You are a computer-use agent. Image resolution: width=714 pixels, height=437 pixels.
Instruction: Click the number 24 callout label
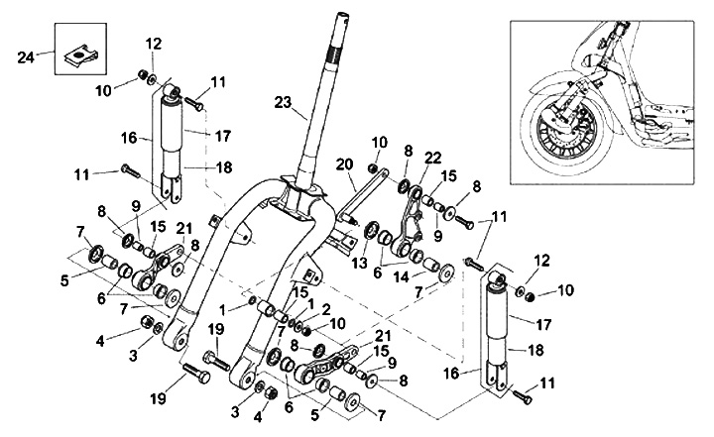(x=26, y=57)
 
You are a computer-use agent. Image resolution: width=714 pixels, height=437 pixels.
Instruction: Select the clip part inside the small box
(x=81, y=55)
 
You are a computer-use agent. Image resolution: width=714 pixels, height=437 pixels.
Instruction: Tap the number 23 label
(x=283, y=102)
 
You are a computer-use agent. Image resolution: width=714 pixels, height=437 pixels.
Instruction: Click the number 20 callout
(x=345, y=164)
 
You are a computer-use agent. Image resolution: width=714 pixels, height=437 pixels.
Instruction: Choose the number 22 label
(x=432, y=158)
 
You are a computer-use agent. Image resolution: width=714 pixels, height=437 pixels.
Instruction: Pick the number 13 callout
(x=359, y=263)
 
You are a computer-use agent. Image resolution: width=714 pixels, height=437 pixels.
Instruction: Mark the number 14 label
(x=402, y=277)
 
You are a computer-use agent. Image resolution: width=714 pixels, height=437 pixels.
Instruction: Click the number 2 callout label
(x=325, y=310)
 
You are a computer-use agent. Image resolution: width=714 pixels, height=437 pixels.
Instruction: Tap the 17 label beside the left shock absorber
(x=223, y=136)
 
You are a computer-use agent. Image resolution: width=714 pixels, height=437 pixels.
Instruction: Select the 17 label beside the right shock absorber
(x=543, y=325)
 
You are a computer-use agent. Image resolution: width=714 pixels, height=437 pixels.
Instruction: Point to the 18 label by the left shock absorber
(x=223, y=167)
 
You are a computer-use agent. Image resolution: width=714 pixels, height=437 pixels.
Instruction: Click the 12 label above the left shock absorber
(x=154, y=45)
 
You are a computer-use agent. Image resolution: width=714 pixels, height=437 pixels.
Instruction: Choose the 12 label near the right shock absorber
(x=541, y=261)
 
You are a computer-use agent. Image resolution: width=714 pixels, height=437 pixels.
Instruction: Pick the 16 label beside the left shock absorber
(x=129, y=138)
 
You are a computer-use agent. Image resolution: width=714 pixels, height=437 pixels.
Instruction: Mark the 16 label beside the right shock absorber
(x=452, y=375)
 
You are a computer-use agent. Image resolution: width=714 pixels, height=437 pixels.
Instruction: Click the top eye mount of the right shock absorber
(x=497, y=277)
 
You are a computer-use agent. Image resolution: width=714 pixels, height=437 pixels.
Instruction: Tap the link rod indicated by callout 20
(x=363, y=193)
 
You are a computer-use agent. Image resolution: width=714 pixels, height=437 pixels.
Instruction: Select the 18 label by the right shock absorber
(x=535, y=350)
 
